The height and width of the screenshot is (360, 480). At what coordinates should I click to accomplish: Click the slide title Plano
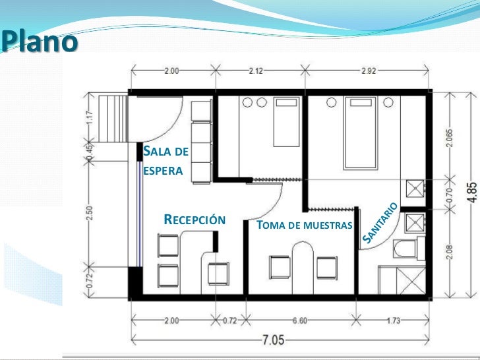click(x=39, y=42)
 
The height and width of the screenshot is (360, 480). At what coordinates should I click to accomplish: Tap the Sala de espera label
click(x=165, y=161)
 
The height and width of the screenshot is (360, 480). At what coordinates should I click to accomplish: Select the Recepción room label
click(x=195, y=220)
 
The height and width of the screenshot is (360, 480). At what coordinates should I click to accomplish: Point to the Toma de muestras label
click(x=305, y=225)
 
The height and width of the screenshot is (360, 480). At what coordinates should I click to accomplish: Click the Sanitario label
click(x=380, y=222)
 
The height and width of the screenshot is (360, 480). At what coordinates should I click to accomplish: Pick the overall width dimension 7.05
click(x=274, y=340)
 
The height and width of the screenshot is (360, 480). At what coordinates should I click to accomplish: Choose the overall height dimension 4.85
click(x=473, y=193)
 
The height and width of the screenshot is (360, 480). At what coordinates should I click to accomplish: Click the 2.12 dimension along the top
click(x=256, y=71)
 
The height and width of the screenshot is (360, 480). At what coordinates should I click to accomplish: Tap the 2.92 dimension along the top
click(x=369, y=71)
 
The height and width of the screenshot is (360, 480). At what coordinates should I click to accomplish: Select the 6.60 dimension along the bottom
click(x=299, y=320)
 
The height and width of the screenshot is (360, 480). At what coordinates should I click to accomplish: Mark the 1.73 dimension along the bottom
click(x=394, y=320)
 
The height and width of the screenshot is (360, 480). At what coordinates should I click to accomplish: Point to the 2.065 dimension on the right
click(x=450, y=138)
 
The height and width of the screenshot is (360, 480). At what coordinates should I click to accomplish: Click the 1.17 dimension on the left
click(x=90, y=117)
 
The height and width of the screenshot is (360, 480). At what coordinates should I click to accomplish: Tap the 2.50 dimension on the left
click(x=90, y=213)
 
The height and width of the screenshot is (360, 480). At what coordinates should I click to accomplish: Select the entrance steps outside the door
click(x=113, y=119)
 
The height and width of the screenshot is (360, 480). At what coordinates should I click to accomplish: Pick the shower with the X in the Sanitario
click(x=411, y=280)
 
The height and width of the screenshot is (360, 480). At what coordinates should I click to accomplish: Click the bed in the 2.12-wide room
click(x=286, y=122)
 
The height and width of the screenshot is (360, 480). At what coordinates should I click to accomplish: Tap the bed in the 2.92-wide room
click(x=361, y=133)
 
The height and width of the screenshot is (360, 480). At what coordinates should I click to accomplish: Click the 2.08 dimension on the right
click(x=450, y=252)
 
